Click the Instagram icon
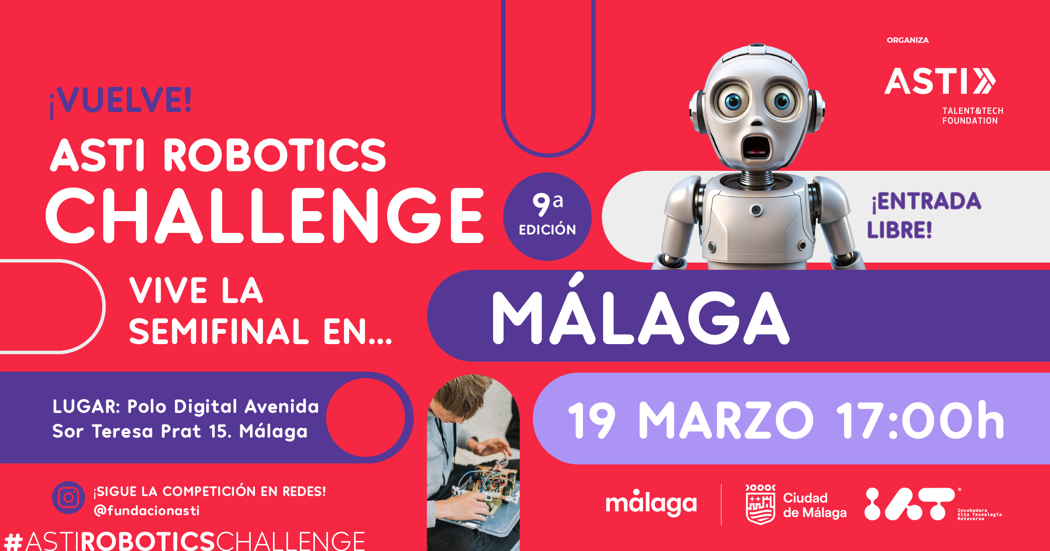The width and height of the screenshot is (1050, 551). (68, 498)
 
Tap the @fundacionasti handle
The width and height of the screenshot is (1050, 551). (147, 511)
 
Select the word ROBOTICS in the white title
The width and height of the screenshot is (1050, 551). (275, 155)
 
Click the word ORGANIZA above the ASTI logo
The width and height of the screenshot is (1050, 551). (908, 40)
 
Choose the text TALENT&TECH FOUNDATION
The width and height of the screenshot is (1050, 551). (973, 116)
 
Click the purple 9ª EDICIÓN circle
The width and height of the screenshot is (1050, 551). (547, 217)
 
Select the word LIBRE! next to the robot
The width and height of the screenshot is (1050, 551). (900, 230)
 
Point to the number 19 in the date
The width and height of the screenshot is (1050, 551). (592, 420)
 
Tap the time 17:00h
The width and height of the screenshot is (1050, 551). (920, 420)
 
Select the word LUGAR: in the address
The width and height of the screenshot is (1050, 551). (87, 407)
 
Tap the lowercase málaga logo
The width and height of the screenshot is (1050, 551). (651, 503)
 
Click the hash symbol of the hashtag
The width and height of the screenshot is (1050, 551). (13, 541)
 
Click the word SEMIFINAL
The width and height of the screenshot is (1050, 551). (219, 332)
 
